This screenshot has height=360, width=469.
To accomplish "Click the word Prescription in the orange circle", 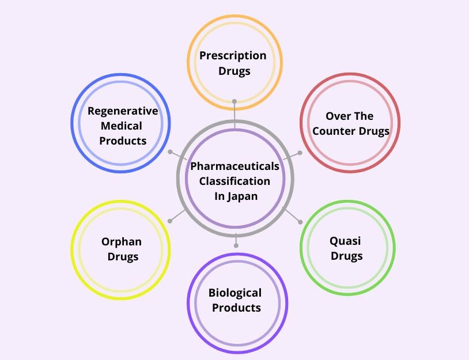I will [x=233, y=56].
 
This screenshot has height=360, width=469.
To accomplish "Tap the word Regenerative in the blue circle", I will [x=123, y=111].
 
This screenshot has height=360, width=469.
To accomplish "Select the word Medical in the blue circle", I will [x=121, y=126].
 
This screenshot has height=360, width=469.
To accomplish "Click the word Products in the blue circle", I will [x=123, y=141].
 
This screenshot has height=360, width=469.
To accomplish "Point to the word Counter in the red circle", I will [x=335, y=131].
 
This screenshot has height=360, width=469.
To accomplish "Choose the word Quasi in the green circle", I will [x=345, y=241].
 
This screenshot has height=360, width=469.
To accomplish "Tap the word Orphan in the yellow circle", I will [x=122, y=242].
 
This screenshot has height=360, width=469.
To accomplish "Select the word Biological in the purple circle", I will [x=235, y=293].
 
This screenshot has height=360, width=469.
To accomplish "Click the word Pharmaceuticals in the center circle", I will [x=235, y=166].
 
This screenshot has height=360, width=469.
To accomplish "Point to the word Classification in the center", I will [x=234, y=181].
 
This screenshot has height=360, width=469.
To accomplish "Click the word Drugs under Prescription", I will [x=234, y=71].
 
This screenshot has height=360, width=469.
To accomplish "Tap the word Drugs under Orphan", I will [x=123, y=257].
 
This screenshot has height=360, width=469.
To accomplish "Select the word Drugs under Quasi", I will [x=346, y=256].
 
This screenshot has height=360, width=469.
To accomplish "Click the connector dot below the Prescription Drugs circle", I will [x=234, y=101].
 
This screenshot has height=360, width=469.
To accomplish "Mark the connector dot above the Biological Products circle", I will [x=236, y=246].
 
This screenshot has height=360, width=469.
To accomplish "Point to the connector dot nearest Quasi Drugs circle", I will [x=300, y=222].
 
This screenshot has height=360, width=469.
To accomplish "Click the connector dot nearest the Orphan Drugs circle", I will [x=169, y=221].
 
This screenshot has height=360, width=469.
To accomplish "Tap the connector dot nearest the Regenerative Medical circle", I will [x=169, y=152].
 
